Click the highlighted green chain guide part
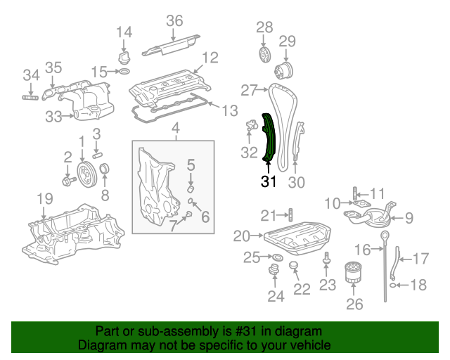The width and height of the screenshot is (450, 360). coord(269,138)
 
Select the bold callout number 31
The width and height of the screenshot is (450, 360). coord(269,181)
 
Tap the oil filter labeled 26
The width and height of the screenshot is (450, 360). coord(353,272)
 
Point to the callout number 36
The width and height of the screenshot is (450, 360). coord(174,21)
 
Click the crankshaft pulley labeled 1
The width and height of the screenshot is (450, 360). coord(87,175)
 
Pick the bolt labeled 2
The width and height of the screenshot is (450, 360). coord(69,181)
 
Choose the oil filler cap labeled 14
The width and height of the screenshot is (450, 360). coord(124,58)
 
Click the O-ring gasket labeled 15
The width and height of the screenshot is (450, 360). coord(124,71)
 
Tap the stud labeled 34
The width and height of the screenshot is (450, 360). coord(30,98)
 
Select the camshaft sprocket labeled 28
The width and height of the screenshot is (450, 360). coord(264,53)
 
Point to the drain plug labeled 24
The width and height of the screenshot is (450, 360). coord(274,269)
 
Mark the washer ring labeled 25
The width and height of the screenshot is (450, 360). coord(277,257)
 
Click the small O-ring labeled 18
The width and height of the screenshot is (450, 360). coord(393,285)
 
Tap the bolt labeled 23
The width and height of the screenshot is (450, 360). coord(326,258)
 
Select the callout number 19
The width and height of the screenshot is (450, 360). coord(45,199)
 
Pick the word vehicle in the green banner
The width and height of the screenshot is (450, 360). coord(314,345)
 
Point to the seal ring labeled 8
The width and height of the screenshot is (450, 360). coord(104,169)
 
